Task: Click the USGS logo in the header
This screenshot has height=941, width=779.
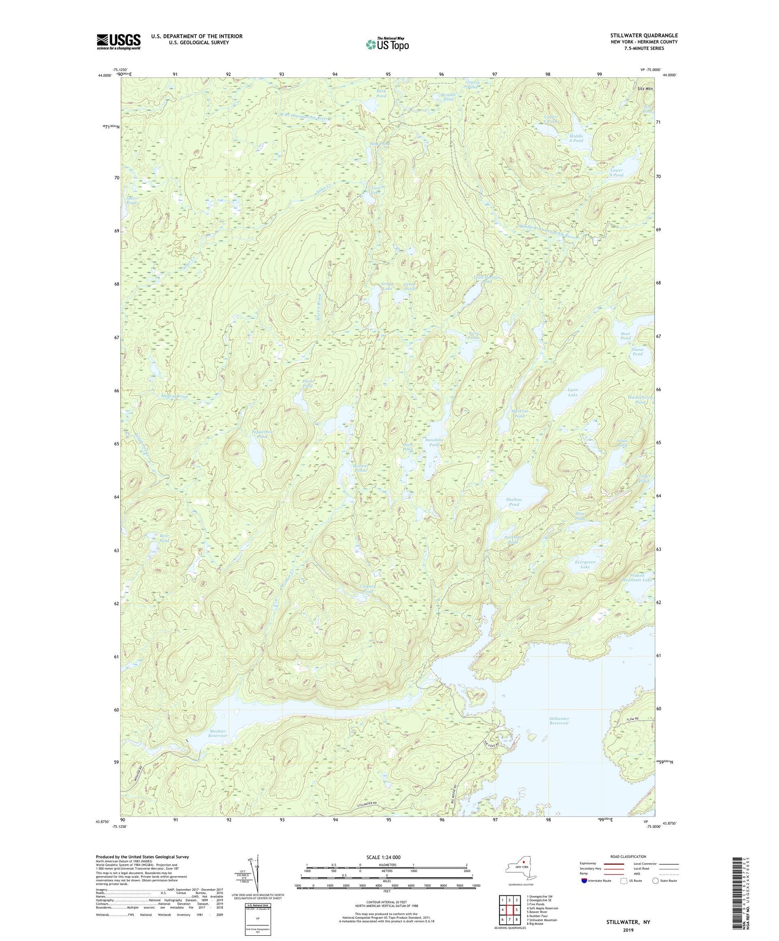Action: pos(118,42)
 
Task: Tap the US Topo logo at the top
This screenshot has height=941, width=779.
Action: pos(387,45)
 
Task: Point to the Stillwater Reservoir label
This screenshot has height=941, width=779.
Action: pos(559,720)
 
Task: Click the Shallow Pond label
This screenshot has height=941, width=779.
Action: pos(514,502)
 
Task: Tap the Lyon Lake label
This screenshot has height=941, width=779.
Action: pos(572,392)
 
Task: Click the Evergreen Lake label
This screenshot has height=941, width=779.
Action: pos(585,565)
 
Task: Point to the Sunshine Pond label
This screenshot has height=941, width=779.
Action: pos(434,442)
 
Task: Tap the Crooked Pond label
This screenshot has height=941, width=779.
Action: pos(367,590)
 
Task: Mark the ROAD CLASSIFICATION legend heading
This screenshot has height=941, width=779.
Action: pos(628,856)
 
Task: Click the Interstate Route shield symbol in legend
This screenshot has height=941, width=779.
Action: pos(584,880)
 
